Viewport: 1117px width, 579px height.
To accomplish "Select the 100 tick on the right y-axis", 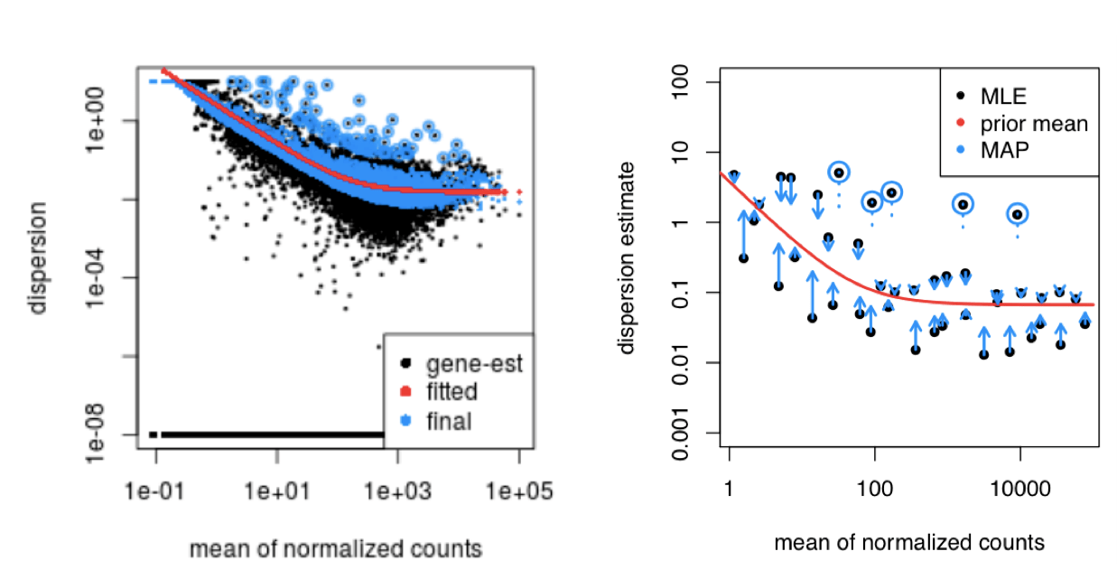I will tap(688, 83).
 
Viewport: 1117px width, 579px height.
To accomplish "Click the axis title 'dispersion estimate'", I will tap(628, 257).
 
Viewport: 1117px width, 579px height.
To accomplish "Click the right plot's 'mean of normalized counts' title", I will tap(909, 543).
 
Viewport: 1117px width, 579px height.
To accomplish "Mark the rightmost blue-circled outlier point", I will tap(1018, 214).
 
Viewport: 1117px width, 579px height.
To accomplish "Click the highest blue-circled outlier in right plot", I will tap(839, 173).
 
